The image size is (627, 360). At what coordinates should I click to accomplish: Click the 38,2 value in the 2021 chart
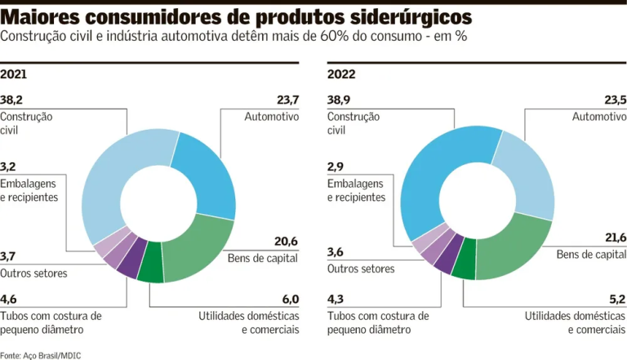11,100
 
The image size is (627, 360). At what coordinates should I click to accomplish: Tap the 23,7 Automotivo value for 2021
287,100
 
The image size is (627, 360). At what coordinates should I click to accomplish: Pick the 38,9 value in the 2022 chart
340,100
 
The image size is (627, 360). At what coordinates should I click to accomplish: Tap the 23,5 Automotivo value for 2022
615,100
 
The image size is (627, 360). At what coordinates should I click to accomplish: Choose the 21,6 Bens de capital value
614,238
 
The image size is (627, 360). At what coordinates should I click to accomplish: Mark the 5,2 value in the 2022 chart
617,299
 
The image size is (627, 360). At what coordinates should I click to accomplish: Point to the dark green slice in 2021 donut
151,272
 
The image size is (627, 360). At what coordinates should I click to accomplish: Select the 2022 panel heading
340,74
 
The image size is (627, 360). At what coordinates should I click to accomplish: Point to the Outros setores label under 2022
361,268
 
